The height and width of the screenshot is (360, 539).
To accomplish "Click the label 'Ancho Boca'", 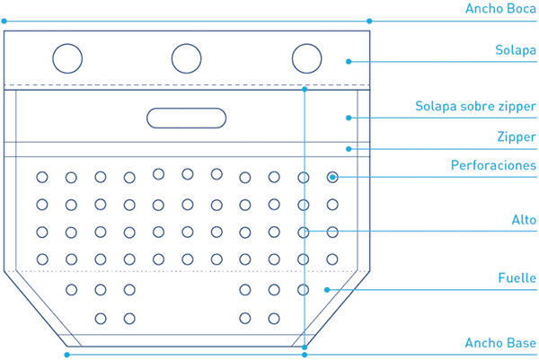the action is point(500,9).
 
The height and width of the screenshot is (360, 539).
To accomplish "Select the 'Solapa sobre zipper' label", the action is point(475,106).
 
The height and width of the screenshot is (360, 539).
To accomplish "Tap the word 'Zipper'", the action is point(517,137).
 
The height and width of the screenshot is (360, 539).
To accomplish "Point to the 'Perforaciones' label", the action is point(493,165).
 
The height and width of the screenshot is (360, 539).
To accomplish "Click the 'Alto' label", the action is point(524,220).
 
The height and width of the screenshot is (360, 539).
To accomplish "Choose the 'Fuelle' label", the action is point(517,277).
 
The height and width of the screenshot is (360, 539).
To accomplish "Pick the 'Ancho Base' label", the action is point(500,343).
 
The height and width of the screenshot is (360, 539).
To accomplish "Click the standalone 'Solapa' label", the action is point(516,50).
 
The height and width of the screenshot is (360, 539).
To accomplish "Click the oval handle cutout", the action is point(186,109).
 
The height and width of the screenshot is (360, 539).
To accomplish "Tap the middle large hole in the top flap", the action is point(186,44).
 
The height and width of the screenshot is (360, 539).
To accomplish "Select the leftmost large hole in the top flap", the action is point(67,44).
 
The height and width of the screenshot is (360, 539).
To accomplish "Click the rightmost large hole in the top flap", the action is point(306,44).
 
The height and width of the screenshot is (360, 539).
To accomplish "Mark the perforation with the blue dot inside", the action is point(332,172).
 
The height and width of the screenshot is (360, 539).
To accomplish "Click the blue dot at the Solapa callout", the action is point(349,61).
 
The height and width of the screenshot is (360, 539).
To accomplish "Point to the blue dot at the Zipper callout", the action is point(349,149).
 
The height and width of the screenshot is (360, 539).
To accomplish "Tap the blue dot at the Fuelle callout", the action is point(327,290).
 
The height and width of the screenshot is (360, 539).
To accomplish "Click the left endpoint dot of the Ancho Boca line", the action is point(4,22).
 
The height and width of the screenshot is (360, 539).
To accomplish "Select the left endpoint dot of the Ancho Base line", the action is point(67,355).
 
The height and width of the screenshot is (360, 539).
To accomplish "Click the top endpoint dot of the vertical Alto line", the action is point(305,89).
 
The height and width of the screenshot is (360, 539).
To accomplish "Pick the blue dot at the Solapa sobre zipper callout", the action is point(349,118).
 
